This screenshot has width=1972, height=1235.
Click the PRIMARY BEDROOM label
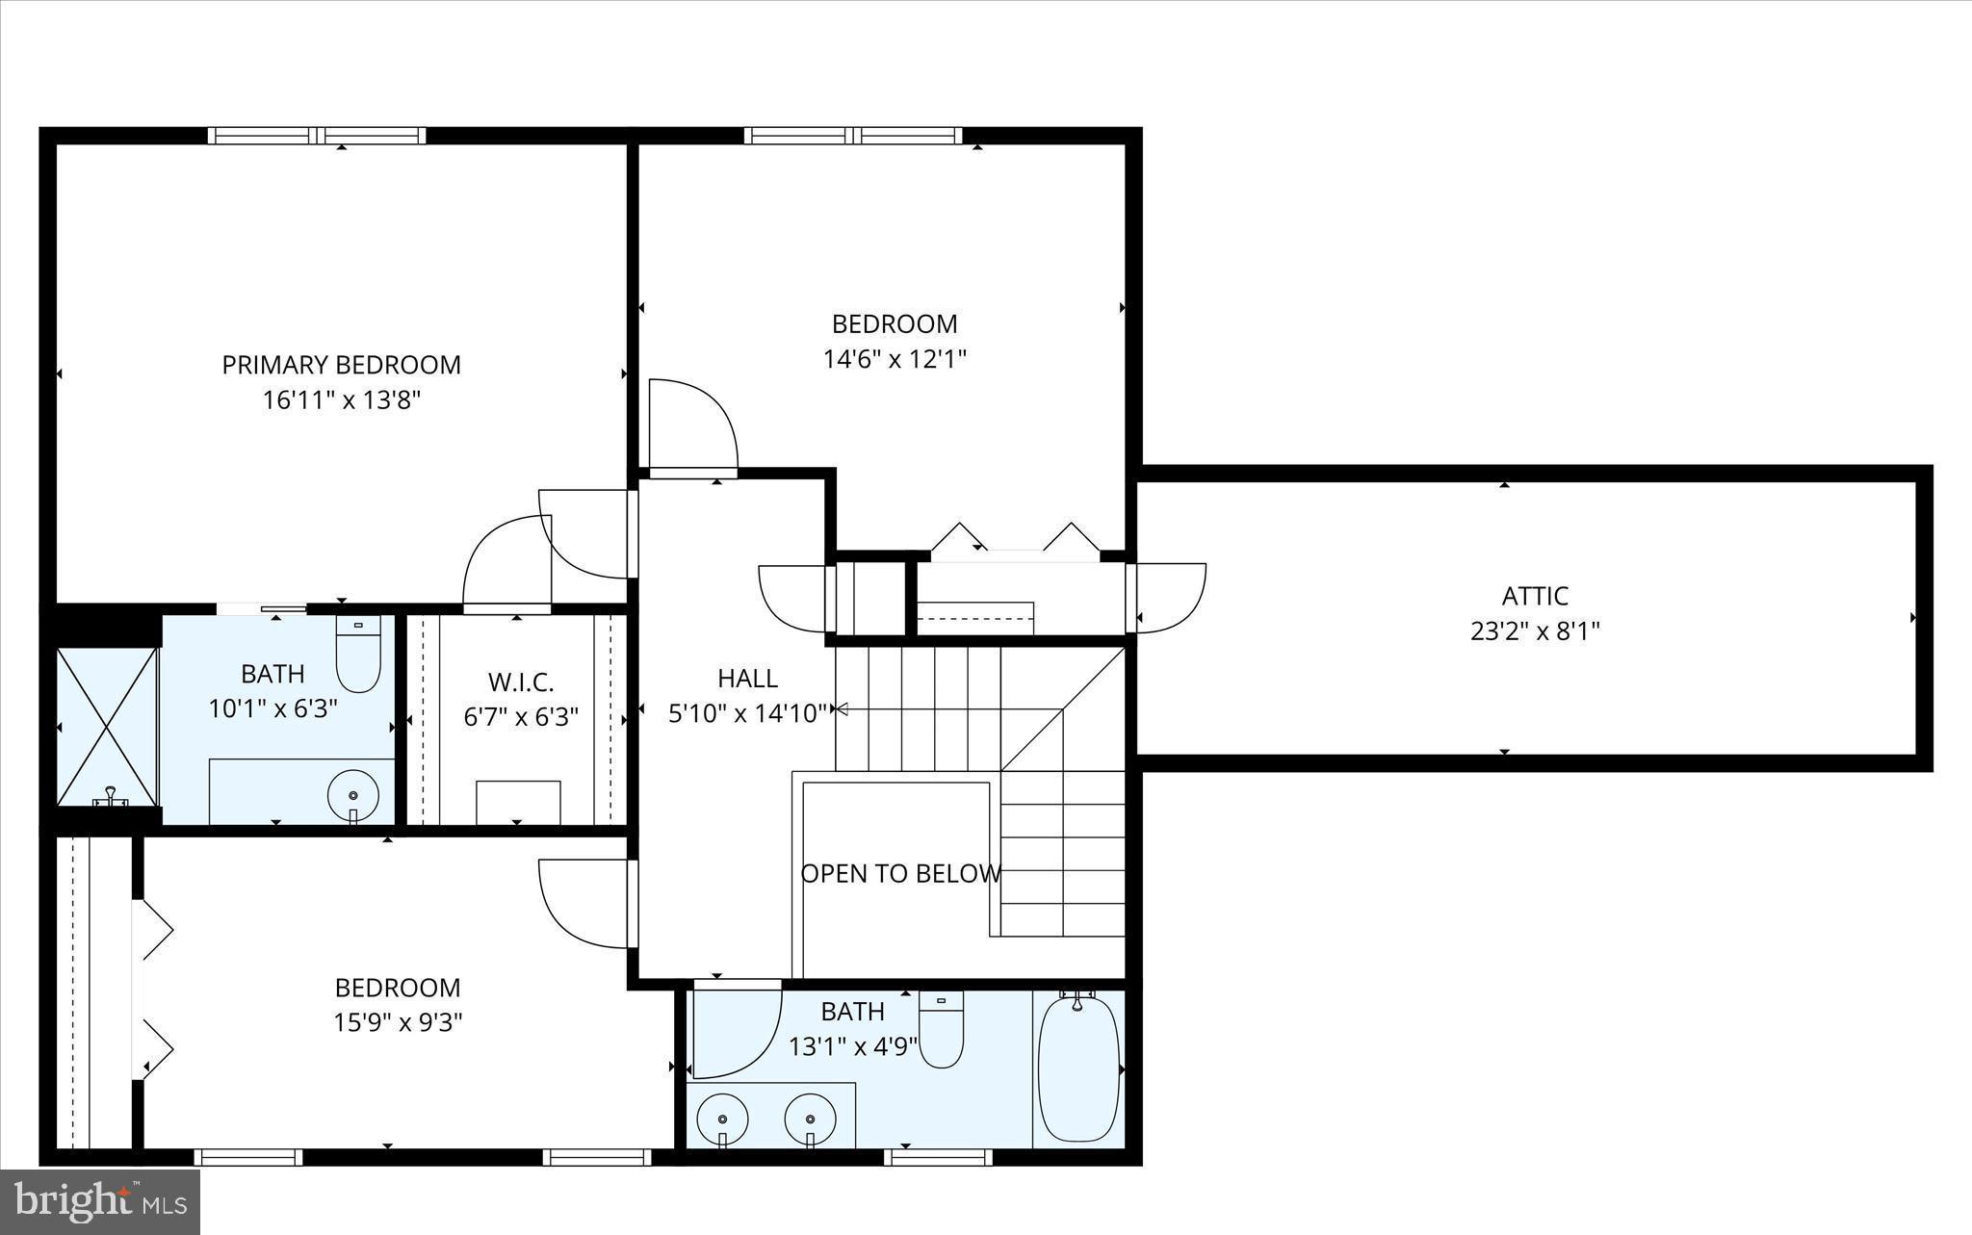pos(341,365)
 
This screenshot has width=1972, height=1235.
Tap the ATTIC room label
pos(1535,596)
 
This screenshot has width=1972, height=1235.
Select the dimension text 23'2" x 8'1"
pos(1535,631)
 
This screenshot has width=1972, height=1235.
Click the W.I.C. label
pos(520,682)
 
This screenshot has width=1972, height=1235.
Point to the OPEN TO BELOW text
pos(900,874)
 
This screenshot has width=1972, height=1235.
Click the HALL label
pos(747,679)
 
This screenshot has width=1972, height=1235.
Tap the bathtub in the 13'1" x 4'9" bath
pos(1078,1068)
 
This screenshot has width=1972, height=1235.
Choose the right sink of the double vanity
pos(810,1119)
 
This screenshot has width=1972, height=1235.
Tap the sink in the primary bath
pos(352,796)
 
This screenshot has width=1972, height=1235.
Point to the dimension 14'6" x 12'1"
pos(895,359)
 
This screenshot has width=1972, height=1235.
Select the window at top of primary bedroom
pos(317,136)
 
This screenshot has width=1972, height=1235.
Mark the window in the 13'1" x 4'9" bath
pos(937,1156)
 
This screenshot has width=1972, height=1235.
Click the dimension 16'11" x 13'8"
pos(341,400)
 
